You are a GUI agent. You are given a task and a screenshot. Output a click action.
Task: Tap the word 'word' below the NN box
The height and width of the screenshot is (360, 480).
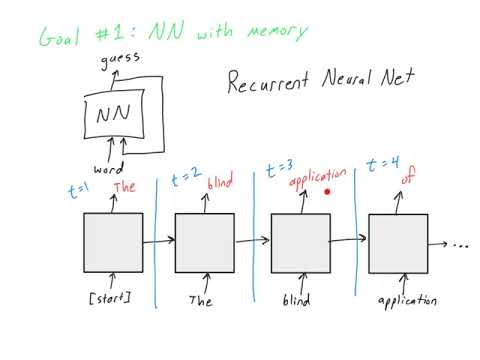[x=108, y=169]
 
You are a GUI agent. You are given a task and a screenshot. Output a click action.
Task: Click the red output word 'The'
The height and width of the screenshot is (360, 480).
[x=124, y=186]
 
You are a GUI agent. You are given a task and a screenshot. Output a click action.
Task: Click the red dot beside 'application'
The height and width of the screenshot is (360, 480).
[x=327, y=191]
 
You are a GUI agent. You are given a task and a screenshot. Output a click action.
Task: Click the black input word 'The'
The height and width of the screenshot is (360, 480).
[x=201, y=299]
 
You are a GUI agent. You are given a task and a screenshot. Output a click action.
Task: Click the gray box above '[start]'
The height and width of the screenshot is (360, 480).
[x=112, y=242]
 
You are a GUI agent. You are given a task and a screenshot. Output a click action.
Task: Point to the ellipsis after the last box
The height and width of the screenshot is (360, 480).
[x=461, y=243]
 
